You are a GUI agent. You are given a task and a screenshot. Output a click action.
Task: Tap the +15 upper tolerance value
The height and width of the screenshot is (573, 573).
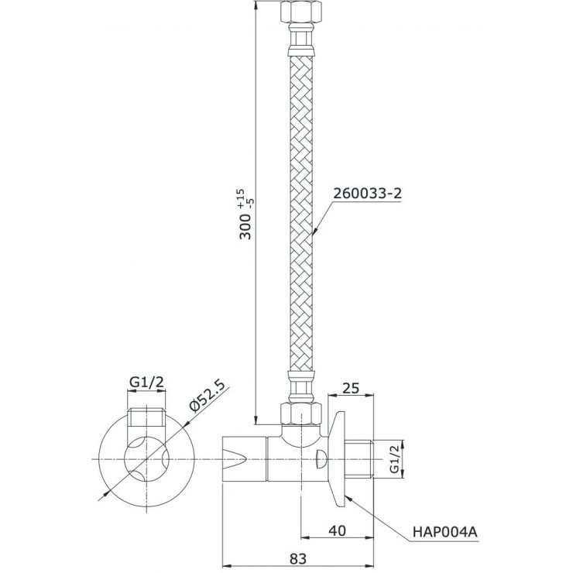[x=240, y=193]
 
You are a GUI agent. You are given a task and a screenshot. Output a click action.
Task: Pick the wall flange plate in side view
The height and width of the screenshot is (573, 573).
[x=338, y=458]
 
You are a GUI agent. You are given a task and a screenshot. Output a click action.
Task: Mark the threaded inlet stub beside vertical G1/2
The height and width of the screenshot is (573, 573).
[x=365, y=458]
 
